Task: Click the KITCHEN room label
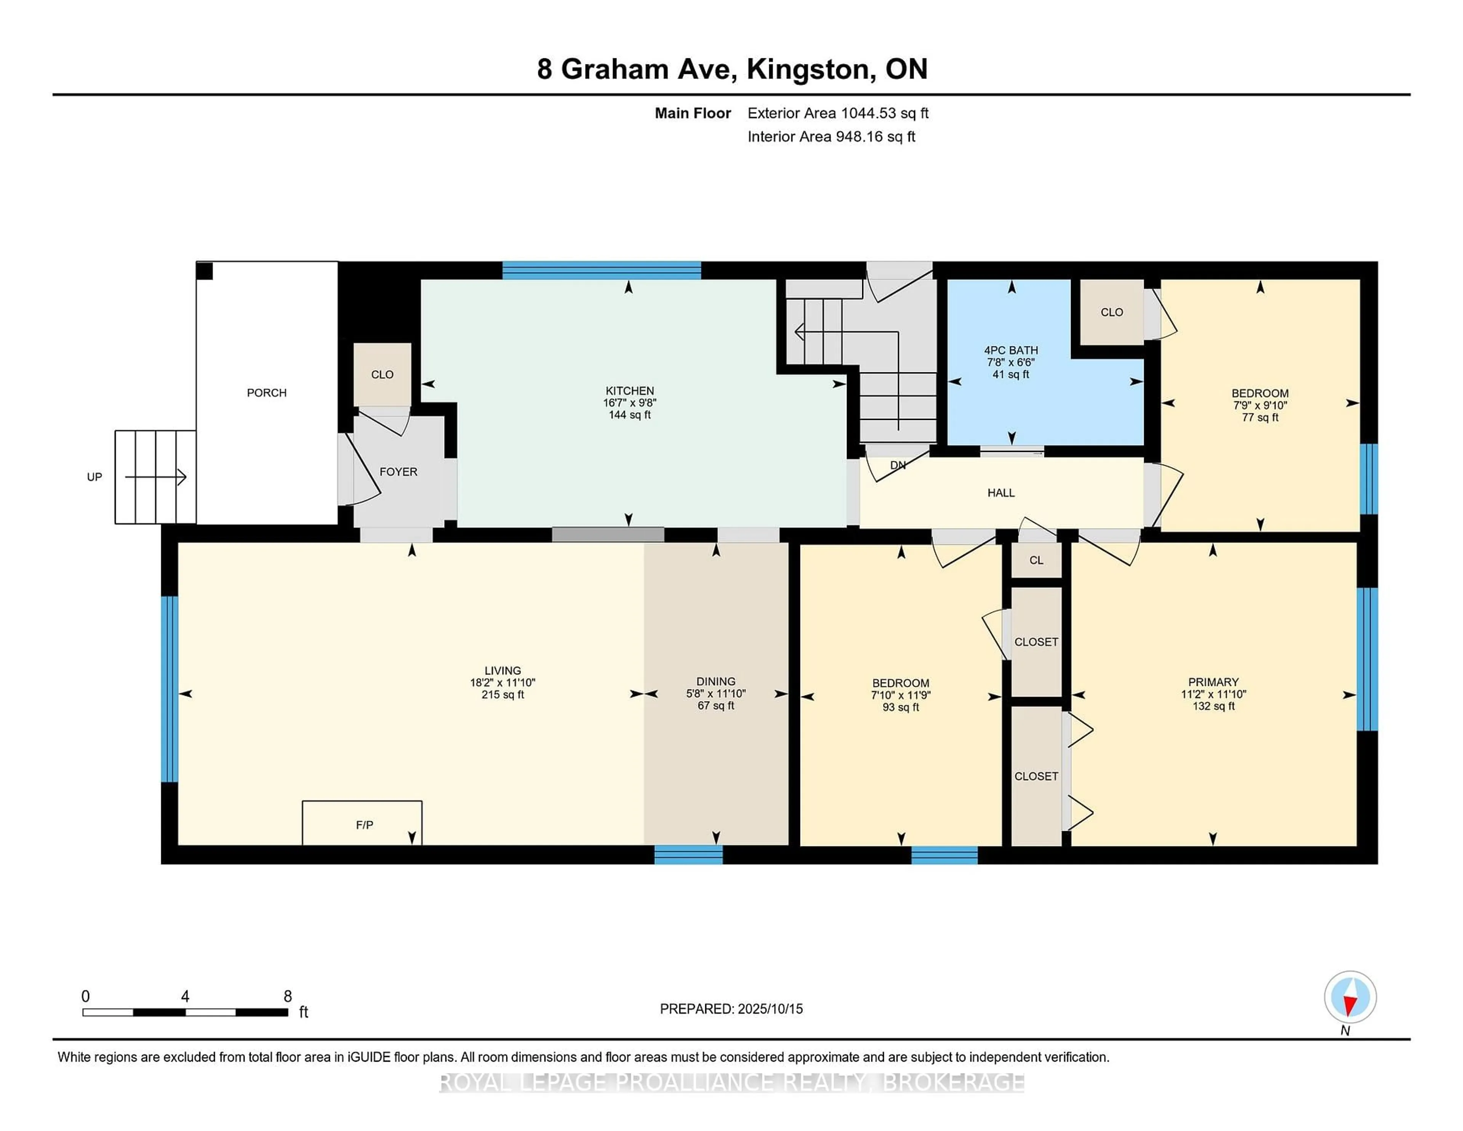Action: coord(630,391)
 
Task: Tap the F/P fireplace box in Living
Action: coord(362,823)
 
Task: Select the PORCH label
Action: coord(267,392)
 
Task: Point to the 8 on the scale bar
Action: coord(287,996)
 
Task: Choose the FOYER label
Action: coord(399,472)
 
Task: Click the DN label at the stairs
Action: coord(898,465)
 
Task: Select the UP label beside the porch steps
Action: coord(94,477)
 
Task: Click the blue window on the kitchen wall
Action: coord(602,270)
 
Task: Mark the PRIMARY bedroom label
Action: coord(1213,682)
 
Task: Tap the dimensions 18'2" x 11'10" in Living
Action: coord(503,683)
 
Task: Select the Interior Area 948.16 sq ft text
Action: coord(831,137)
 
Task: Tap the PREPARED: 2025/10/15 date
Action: coord(731,1008)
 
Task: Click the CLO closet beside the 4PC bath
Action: coord(1111,312)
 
